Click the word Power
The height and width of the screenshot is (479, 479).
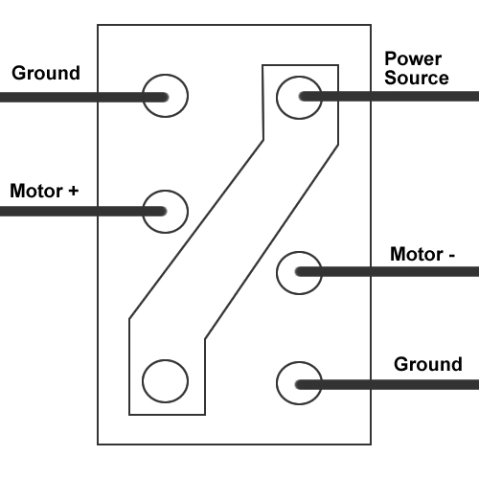413,58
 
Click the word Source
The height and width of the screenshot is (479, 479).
417,78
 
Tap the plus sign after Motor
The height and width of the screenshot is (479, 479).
74,191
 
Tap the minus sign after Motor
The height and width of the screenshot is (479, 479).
451,256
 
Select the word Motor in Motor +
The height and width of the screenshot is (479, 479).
36,191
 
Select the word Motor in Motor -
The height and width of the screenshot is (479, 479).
417,254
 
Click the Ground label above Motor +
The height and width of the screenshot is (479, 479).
46,73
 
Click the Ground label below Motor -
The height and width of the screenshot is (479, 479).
428,364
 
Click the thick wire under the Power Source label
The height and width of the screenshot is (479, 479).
389,96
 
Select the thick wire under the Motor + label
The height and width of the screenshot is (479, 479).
83,212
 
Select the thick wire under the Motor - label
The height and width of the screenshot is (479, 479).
387,272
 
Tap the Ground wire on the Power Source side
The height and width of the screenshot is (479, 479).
387,384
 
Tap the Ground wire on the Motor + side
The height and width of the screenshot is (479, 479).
84,97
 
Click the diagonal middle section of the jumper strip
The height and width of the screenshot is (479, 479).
234,239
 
